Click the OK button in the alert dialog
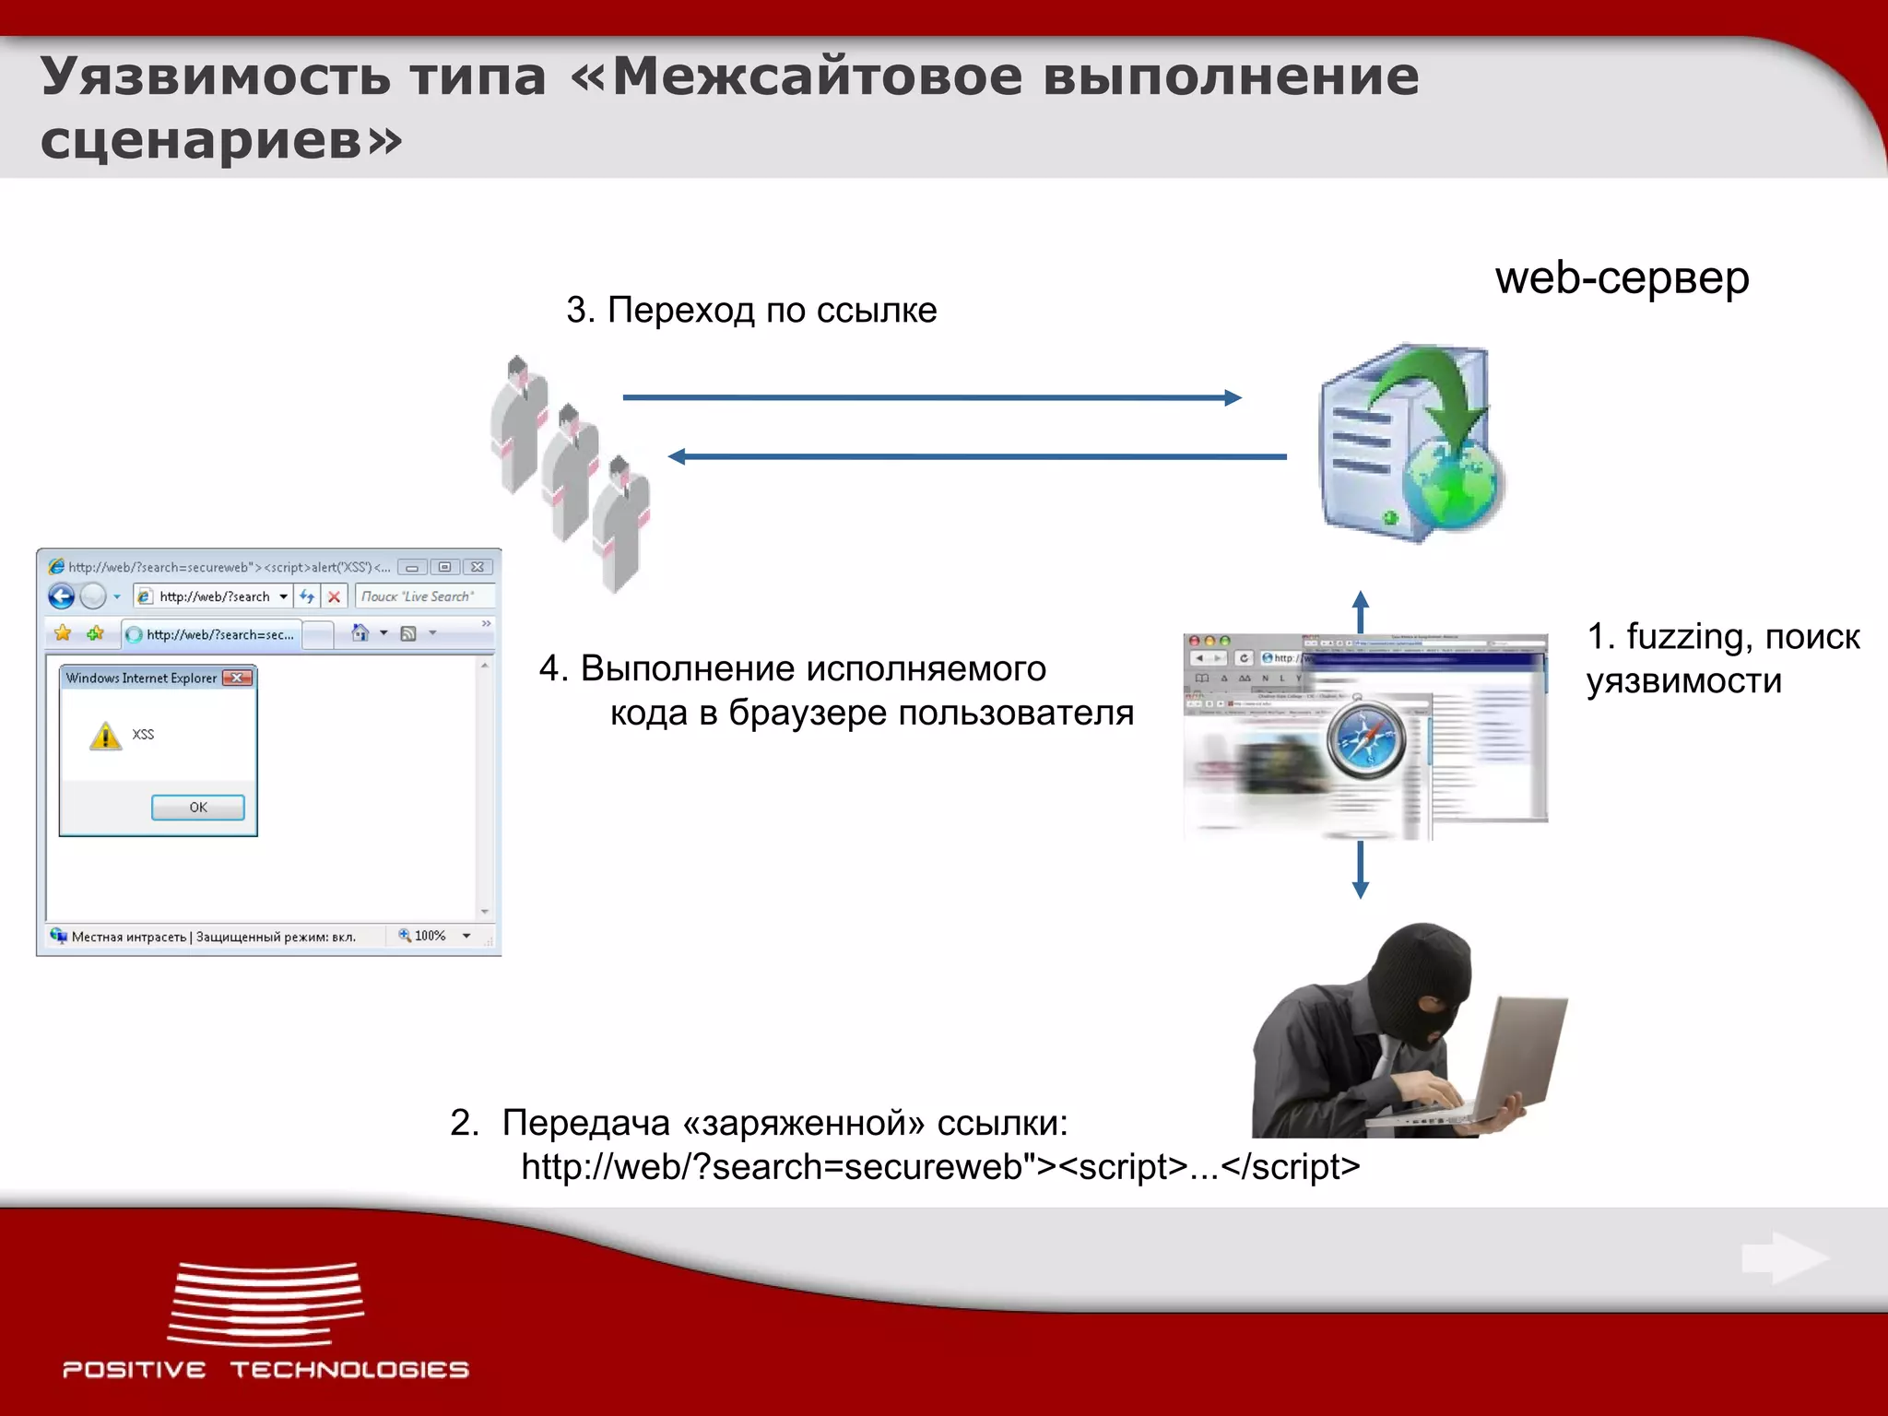coord(197,808)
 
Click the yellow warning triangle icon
coord(105,736)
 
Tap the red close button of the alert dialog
coord(238,678)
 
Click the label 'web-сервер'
coord(1622,277)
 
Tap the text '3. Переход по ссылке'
coord(751,311)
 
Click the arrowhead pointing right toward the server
coord(1233,397)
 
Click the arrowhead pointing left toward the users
coord(678,456)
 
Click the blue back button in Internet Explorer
coord(62,596)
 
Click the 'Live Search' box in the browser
coord(422,596)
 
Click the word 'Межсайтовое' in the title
coord(817,76)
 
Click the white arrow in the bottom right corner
coord(1785,1257)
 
